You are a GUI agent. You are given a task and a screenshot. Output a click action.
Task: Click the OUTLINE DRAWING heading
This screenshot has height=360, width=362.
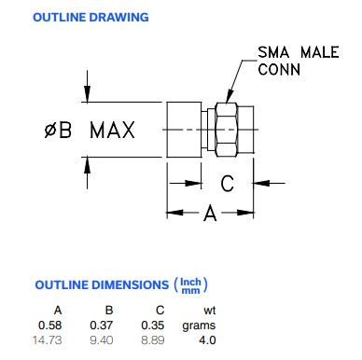[x=90, y=18]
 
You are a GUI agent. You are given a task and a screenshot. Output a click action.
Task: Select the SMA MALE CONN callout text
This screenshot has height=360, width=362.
[x=299, y=61]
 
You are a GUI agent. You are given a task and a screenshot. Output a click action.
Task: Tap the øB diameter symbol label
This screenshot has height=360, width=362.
[x=58, y=130]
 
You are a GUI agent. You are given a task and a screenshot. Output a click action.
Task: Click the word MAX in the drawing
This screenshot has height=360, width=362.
[x=113, y=130]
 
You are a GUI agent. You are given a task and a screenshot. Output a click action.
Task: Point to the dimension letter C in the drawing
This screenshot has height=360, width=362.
[x=228, y=184]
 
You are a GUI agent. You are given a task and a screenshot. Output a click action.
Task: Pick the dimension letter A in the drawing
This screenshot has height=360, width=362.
[x=210, y=214]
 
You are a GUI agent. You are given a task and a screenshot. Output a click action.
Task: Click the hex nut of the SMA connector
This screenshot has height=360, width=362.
[x=226, y=130]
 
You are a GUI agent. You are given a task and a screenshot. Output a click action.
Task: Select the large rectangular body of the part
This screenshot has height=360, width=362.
[x=184, y=130]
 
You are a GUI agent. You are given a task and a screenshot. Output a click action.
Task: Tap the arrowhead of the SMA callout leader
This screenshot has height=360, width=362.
[x=230, y=97]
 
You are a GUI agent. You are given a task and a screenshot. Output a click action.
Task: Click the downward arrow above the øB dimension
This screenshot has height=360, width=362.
[x=88, y=87]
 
